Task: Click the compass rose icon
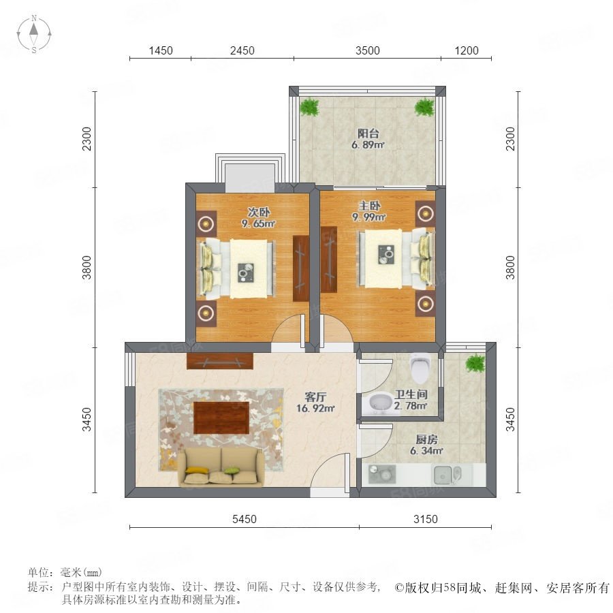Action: point(34,34)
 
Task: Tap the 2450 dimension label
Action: point(242,51)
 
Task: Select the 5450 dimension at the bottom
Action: point(245,519)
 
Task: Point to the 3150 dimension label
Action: point(425,519)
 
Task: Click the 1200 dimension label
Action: point(467,51)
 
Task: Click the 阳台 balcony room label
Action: point(368,133)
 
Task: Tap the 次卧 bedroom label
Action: point(258,212)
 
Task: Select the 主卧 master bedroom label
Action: point(369,205)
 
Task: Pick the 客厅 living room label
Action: point(315,397)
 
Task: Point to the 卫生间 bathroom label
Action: point(411,394)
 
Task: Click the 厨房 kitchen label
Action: point(426,439)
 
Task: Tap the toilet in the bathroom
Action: point(420,368)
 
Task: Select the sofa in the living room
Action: point(221,467)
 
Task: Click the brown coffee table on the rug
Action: point(221,418)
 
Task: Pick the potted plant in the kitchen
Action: point(475,363)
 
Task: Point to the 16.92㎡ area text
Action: point(315,409)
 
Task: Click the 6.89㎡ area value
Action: point(368,145)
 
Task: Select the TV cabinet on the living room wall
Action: point(220,361)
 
